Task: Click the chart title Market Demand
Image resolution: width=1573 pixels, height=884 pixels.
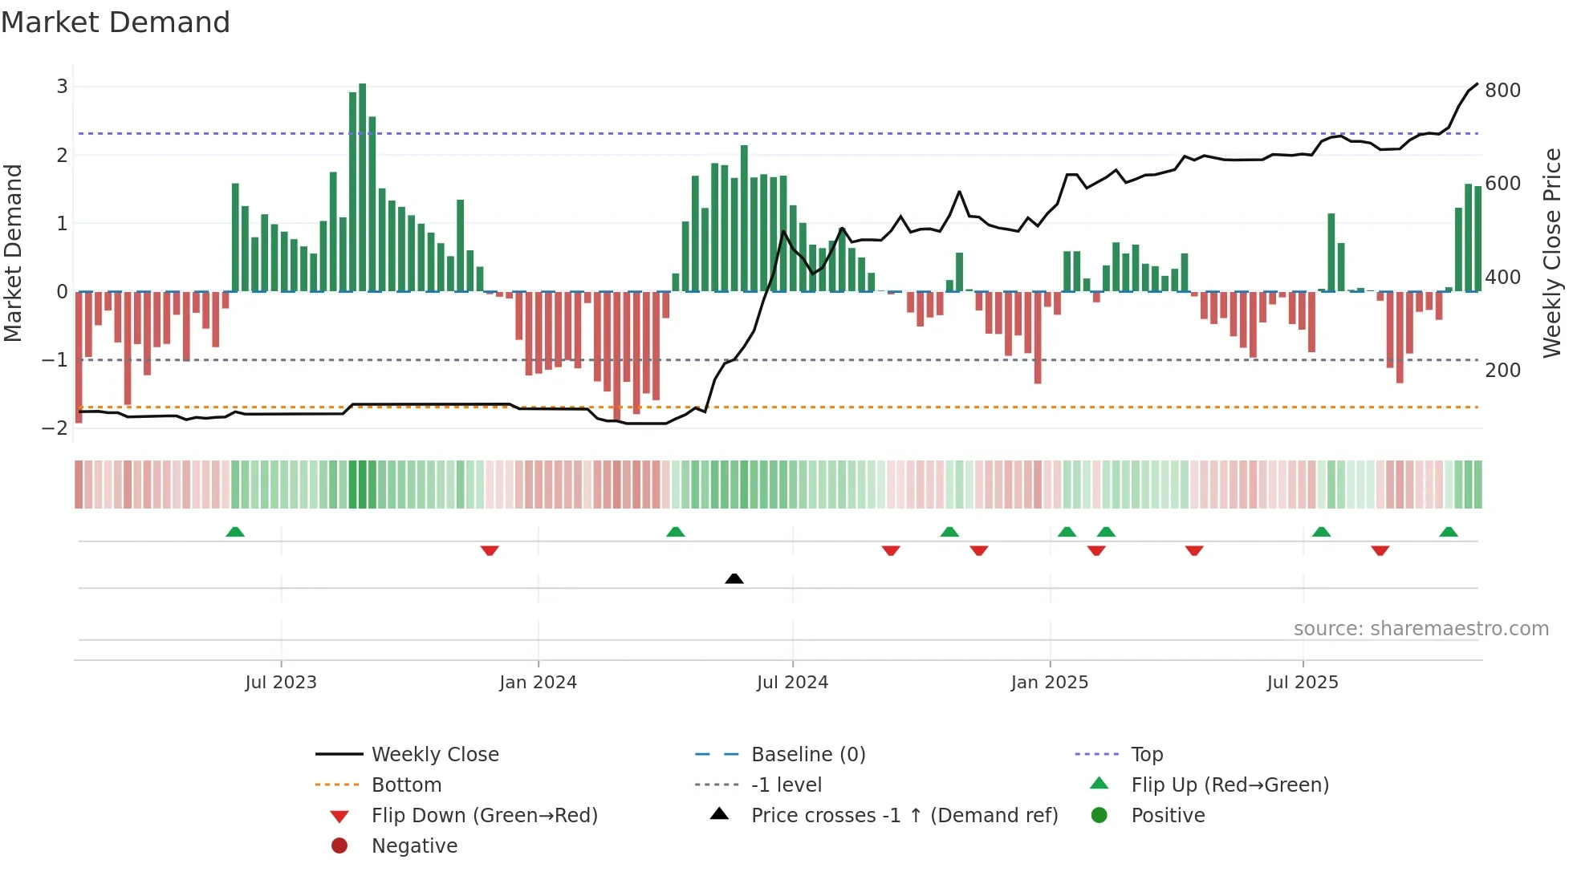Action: tap(116, 22)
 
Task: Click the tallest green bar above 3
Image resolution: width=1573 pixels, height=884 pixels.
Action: tap(363, 186)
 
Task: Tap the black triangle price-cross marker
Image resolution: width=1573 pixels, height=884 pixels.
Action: tap(734, 578)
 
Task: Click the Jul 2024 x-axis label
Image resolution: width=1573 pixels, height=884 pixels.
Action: tap(792, 683)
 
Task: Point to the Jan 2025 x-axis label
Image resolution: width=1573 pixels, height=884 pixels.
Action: tap(1049, 683)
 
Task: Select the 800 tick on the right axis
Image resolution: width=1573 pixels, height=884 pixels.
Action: tap(1502, 91)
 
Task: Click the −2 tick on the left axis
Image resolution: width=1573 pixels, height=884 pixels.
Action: tap(55, 428)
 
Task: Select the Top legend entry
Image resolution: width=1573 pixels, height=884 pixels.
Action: tap(1147, 755)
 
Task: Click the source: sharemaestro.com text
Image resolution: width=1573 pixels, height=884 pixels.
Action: tap(1421, 629)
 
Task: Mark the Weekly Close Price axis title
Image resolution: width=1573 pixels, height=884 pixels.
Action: tap(1552, 253)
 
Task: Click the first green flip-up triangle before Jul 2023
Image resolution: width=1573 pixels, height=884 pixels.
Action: tap(235, 532)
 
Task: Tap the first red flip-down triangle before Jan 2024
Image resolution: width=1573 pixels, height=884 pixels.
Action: tap(490, 550)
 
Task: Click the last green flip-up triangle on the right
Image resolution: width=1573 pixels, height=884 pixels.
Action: tap(1449, 532)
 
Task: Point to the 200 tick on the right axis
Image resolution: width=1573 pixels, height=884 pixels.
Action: tap(1502, 371)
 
